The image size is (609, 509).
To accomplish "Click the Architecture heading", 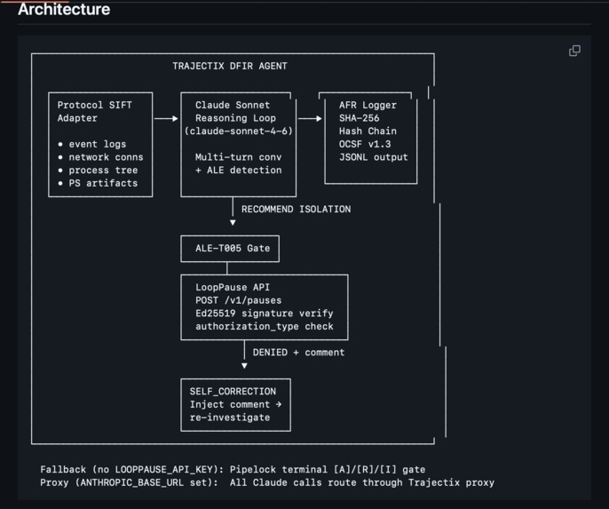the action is point(64,9).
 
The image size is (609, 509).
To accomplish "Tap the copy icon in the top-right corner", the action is point(575,51).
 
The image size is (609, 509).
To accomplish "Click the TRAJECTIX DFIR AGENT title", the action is point(230,66).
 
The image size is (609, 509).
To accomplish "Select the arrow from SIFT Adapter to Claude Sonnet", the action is point(166,118).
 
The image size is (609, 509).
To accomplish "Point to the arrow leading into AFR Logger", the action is point(310,118).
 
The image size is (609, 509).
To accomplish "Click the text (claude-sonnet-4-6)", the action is point(239,131).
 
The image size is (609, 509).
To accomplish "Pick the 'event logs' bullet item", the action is point(92,144).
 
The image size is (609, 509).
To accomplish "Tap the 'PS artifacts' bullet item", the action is point(98,183).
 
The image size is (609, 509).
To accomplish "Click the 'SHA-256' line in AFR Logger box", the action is point(359,118).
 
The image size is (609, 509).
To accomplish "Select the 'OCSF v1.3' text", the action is point(365,144).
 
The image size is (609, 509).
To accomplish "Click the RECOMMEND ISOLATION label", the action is point(296,209).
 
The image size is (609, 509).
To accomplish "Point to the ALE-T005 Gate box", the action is point(230,249).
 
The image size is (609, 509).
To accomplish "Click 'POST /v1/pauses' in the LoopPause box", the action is point(239,300).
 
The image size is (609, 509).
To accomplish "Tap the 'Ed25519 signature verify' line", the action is point(265,314).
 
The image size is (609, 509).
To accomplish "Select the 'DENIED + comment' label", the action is point(298,353).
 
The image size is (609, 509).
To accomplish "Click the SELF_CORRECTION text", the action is point(233,391).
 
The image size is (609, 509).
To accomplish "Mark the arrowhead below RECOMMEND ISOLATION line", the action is point(233,223).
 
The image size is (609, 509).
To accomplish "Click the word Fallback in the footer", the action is point(63,469).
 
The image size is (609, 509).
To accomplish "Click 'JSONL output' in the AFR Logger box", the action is point(373,157).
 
